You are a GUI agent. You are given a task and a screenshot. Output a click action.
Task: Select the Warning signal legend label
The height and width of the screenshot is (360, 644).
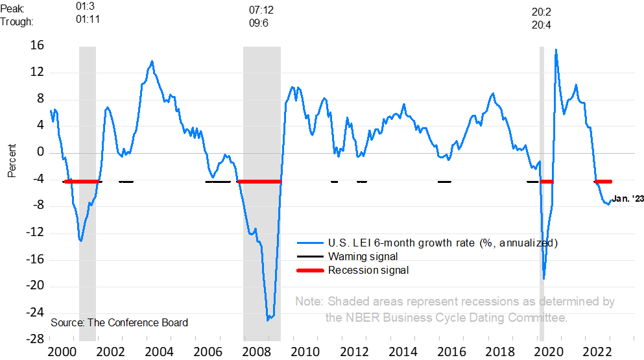pyautogui.click(x=363, y=257)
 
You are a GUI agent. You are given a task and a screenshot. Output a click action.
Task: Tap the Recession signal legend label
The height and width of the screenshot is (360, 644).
pyautogui.click(x=368, y=270)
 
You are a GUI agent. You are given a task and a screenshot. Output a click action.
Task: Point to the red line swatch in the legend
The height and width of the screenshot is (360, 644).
pyautogui.click(x=310, y=270)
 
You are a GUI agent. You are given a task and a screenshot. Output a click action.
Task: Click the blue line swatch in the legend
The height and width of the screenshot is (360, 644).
pyautogui.click(x=310, y=243)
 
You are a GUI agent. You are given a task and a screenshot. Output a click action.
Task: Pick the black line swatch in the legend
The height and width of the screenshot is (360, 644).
pyautogui.click(x=310, y=257)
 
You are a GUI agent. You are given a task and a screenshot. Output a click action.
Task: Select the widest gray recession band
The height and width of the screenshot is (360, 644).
pyautogui.click(x=262, y=195)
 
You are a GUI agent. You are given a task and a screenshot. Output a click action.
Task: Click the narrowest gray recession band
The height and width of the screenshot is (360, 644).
pyautogui.click(x=542, y=195)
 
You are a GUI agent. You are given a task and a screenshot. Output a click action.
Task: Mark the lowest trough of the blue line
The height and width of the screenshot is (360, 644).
pyautogui.click(x=268, y=319)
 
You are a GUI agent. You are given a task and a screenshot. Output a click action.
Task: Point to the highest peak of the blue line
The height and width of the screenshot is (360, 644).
pyautogui.click(x=556, y=50)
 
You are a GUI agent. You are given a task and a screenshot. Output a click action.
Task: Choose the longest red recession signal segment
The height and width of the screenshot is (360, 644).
pyautogui.click(x=259, y=182)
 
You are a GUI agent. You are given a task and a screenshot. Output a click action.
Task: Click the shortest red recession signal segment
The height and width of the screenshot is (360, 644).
pyautogui.click(x=547, y=182)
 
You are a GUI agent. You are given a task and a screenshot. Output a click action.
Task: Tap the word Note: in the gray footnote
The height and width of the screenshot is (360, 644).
pyautogui.click(x=309, y=302)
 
